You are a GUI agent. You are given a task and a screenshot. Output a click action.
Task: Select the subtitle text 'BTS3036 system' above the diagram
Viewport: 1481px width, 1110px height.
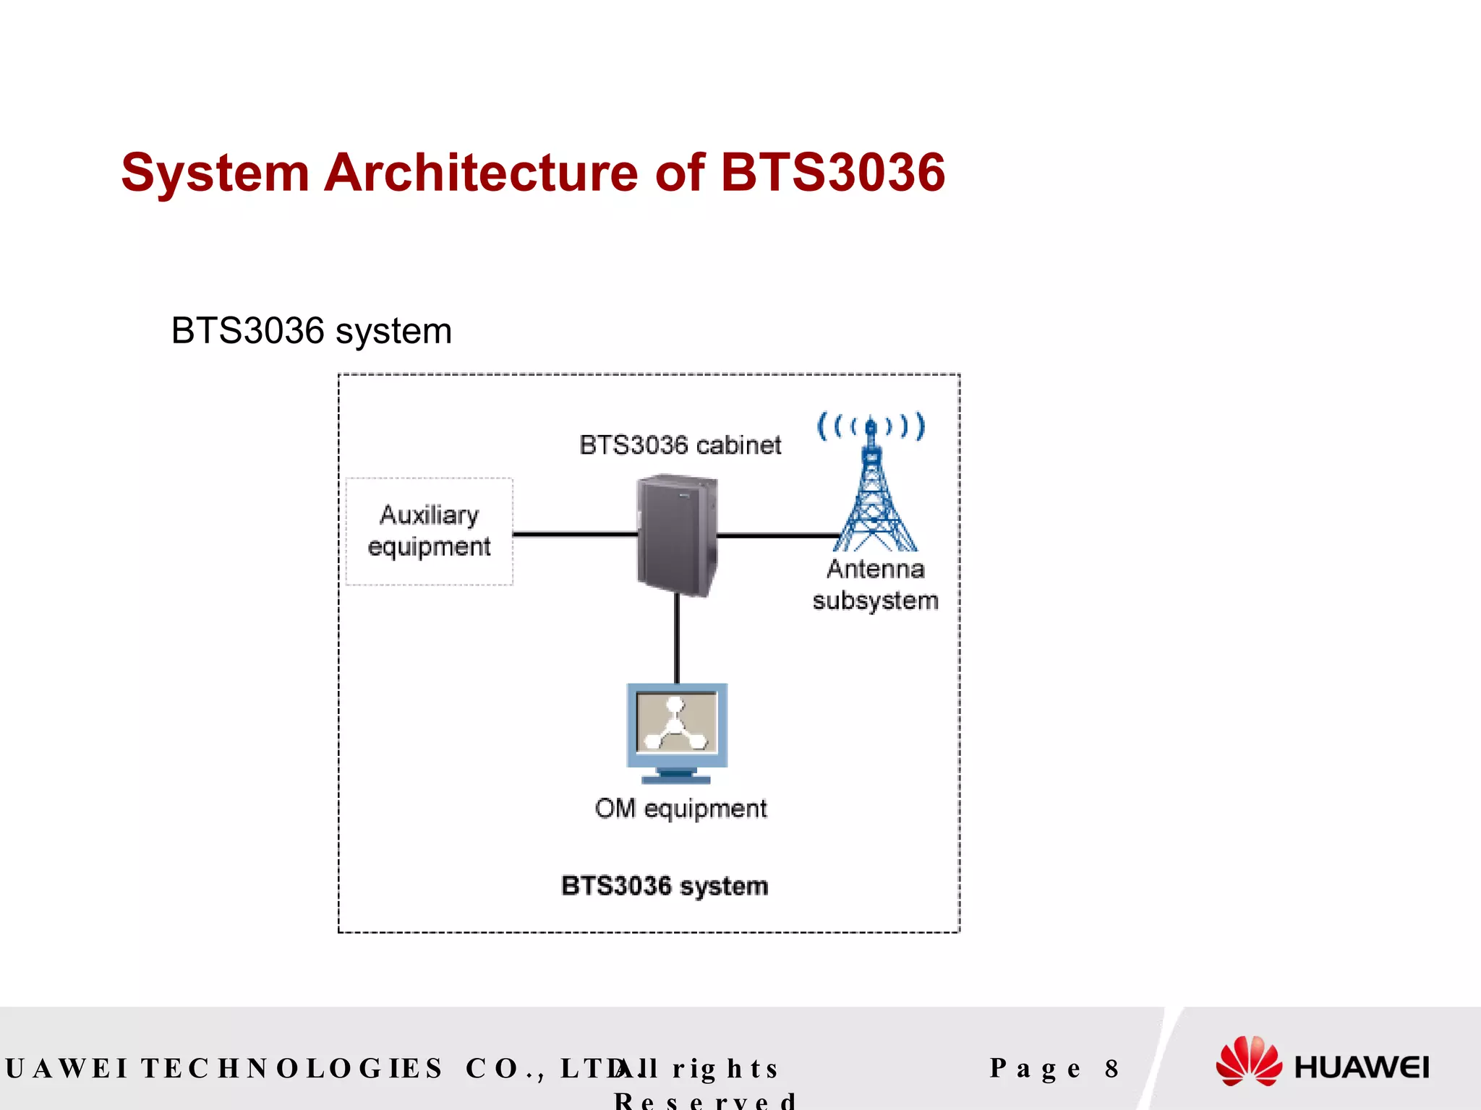coord(311,331)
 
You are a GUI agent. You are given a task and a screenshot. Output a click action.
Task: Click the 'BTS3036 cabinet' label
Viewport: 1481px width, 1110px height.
coord(680,445)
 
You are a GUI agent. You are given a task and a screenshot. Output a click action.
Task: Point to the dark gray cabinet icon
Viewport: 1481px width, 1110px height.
coord(677,535)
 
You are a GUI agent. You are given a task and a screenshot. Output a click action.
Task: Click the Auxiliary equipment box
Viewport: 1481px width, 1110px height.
coord(430,531)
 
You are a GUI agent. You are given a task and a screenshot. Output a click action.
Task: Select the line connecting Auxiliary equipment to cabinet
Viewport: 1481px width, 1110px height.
coord(575,535)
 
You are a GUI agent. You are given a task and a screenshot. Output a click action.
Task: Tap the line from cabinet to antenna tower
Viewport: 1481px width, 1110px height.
coord(777,535)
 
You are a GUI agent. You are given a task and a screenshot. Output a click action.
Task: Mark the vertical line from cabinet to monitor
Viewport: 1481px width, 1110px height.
coord(677,640)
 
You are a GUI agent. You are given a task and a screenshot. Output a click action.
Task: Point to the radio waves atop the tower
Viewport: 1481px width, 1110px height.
coord(871,426)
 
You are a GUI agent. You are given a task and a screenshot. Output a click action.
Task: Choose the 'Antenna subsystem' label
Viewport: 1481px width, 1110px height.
coord(875,585)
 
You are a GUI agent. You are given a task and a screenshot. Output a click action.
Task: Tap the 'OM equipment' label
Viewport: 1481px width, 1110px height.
coord(680,808)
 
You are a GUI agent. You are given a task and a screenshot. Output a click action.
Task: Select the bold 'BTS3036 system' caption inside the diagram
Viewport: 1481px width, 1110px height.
coord(665,885)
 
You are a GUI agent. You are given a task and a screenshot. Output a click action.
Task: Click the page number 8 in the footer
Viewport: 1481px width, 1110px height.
coord(1111,1068)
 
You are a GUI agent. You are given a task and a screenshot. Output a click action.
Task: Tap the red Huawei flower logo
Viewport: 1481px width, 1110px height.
coord(1249,1061)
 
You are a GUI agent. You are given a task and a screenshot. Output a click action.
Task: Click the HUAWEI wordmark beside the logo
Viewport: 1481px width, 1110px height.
coord(1361,1067)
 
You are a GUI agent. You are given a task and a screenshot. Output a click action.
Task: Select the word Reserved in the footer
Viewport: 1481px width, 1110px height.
coord(705,1101)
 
